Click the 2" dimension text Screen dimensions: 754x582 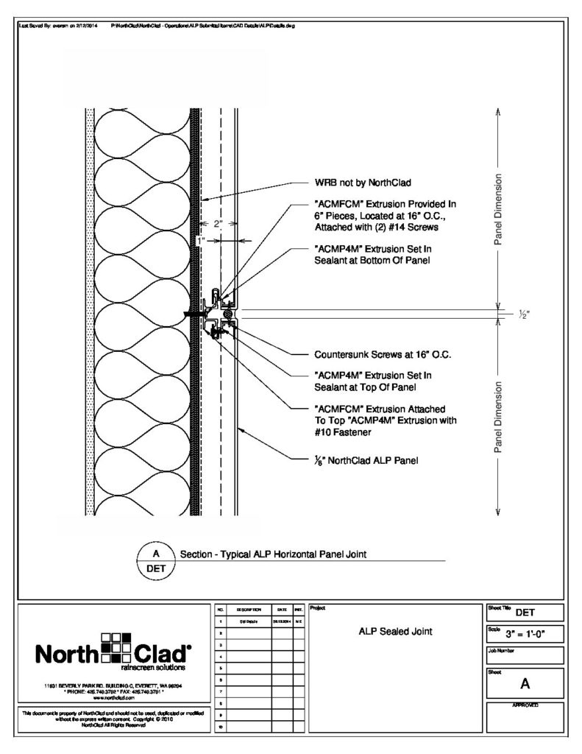(218, 225)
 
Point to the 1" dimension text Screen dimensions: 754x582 (199, 240)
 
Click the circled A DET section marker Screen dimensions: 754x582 (155, 561)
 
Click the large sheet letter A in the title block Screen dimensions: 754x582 (525, 683)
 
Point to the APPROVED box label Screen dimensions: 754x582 (525, 705)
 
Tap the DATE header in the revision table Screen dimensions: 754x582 (282, 610)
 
